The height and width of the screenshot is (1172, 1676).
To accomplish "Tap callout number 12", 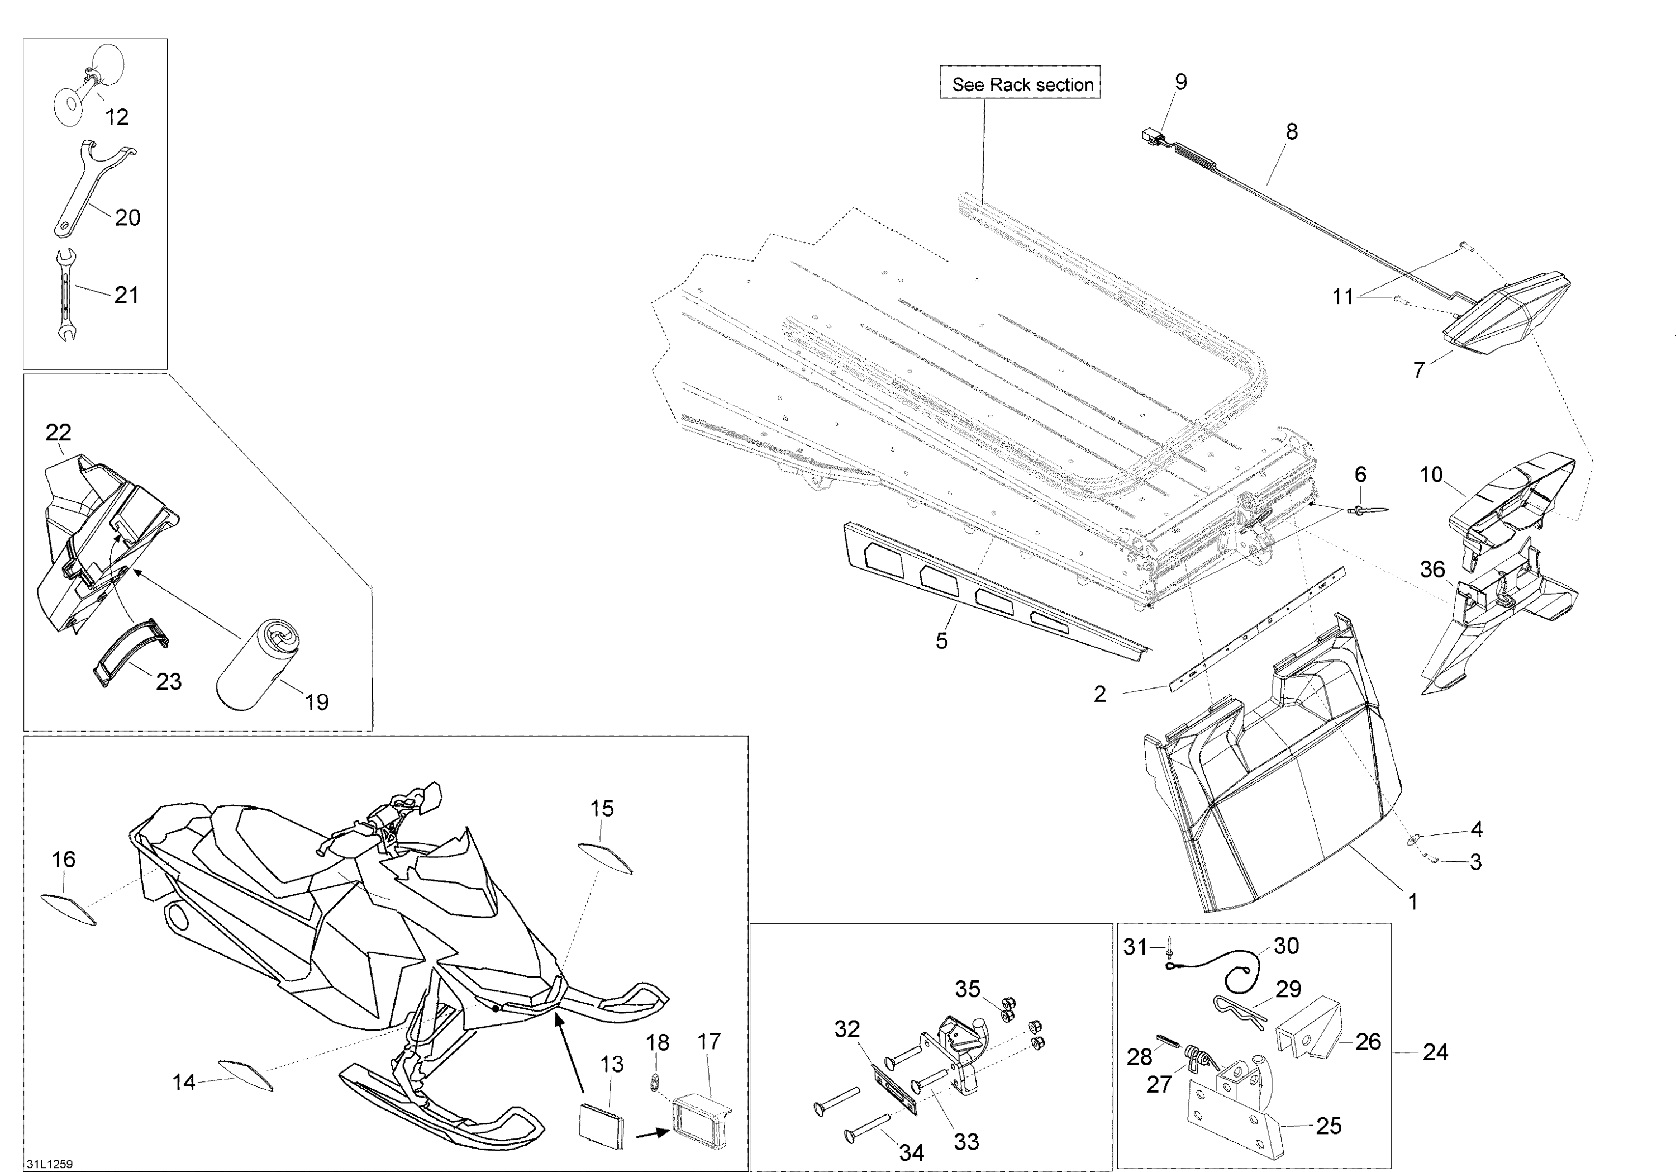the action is point(117,117).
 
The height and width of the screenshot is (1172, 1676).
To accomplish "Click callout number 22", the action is point(59,432).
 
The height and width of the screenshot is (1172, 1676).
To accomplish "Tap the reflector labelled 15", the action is point(605,858).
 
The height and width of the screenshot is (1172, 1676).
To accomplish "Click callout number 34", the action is point(912,1152).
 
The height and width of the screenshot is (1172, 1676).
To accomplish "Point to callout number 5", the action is point(942,640).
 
